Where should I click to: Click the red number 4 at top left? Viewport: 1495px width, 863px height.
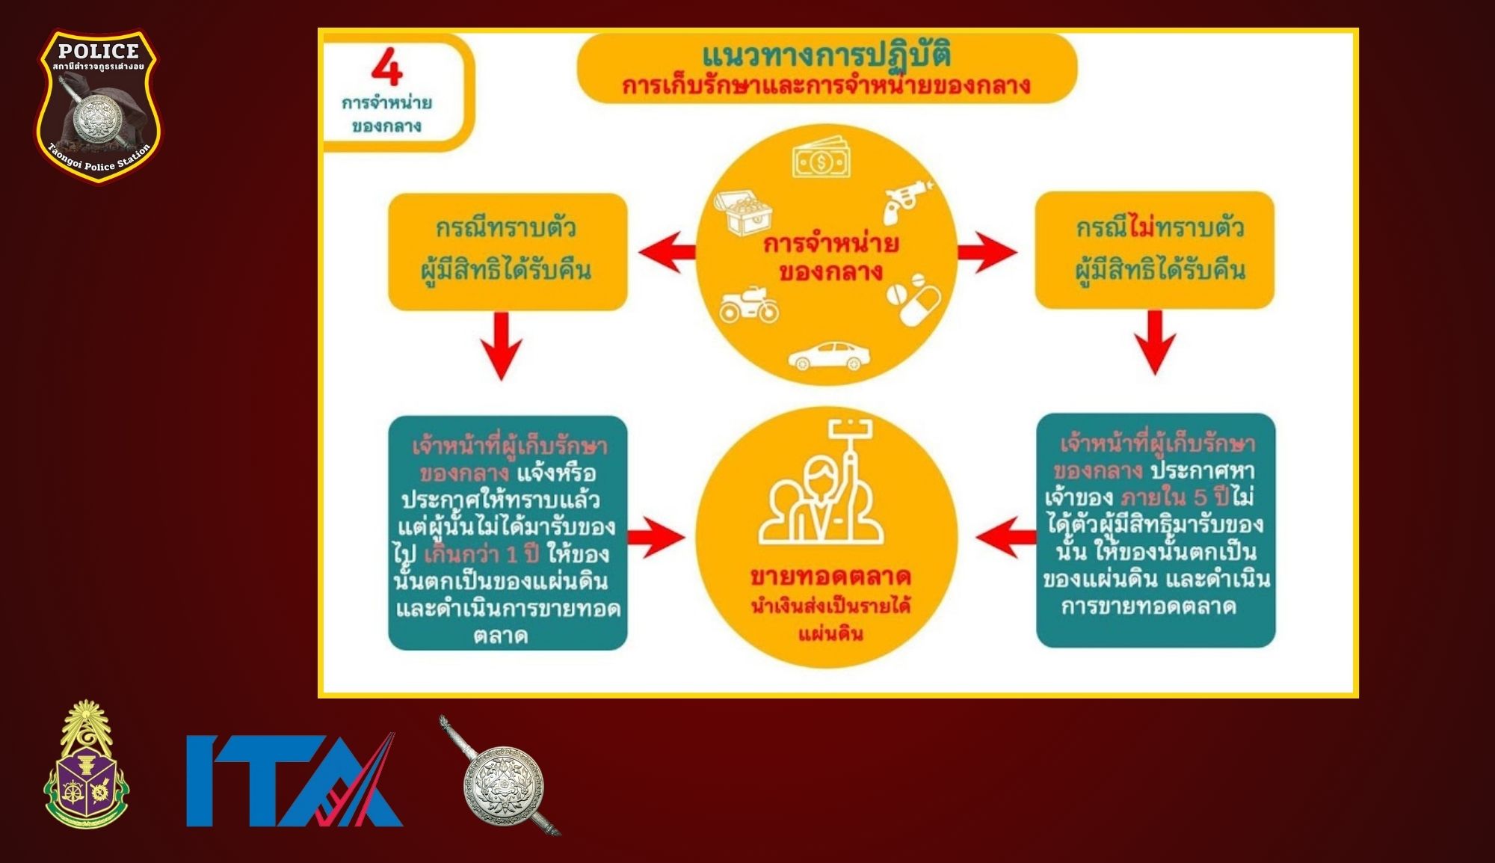tap(387, 67)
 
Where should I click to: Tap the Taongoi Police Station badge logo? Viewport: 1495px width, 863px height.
tap(98, 105)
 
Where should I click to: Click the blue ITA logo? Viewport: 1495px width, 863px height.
tap(295, 780)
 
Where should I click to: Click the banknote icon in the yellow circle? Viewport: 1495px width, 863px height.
tap(822, 158)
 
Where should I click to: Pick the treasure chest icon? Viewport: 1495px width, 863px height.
tap(742, 212)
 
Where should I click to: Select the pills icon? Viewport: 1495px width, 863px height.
tap(913, 299)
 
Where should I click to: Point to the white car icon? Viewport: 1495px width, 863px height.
tap(829, 356)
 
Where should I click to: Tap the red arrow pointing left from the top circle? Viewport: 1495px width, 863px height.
tap(667, 251)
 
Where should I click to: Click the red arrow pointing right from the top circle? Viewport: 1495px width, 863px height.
tap(987, 252)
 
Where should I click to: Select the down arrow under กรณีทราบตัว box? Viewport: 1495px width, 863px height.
tap(502, 345)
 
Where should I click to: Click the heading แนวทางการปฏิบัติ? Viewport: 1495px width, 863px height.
tap(826, 55)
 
